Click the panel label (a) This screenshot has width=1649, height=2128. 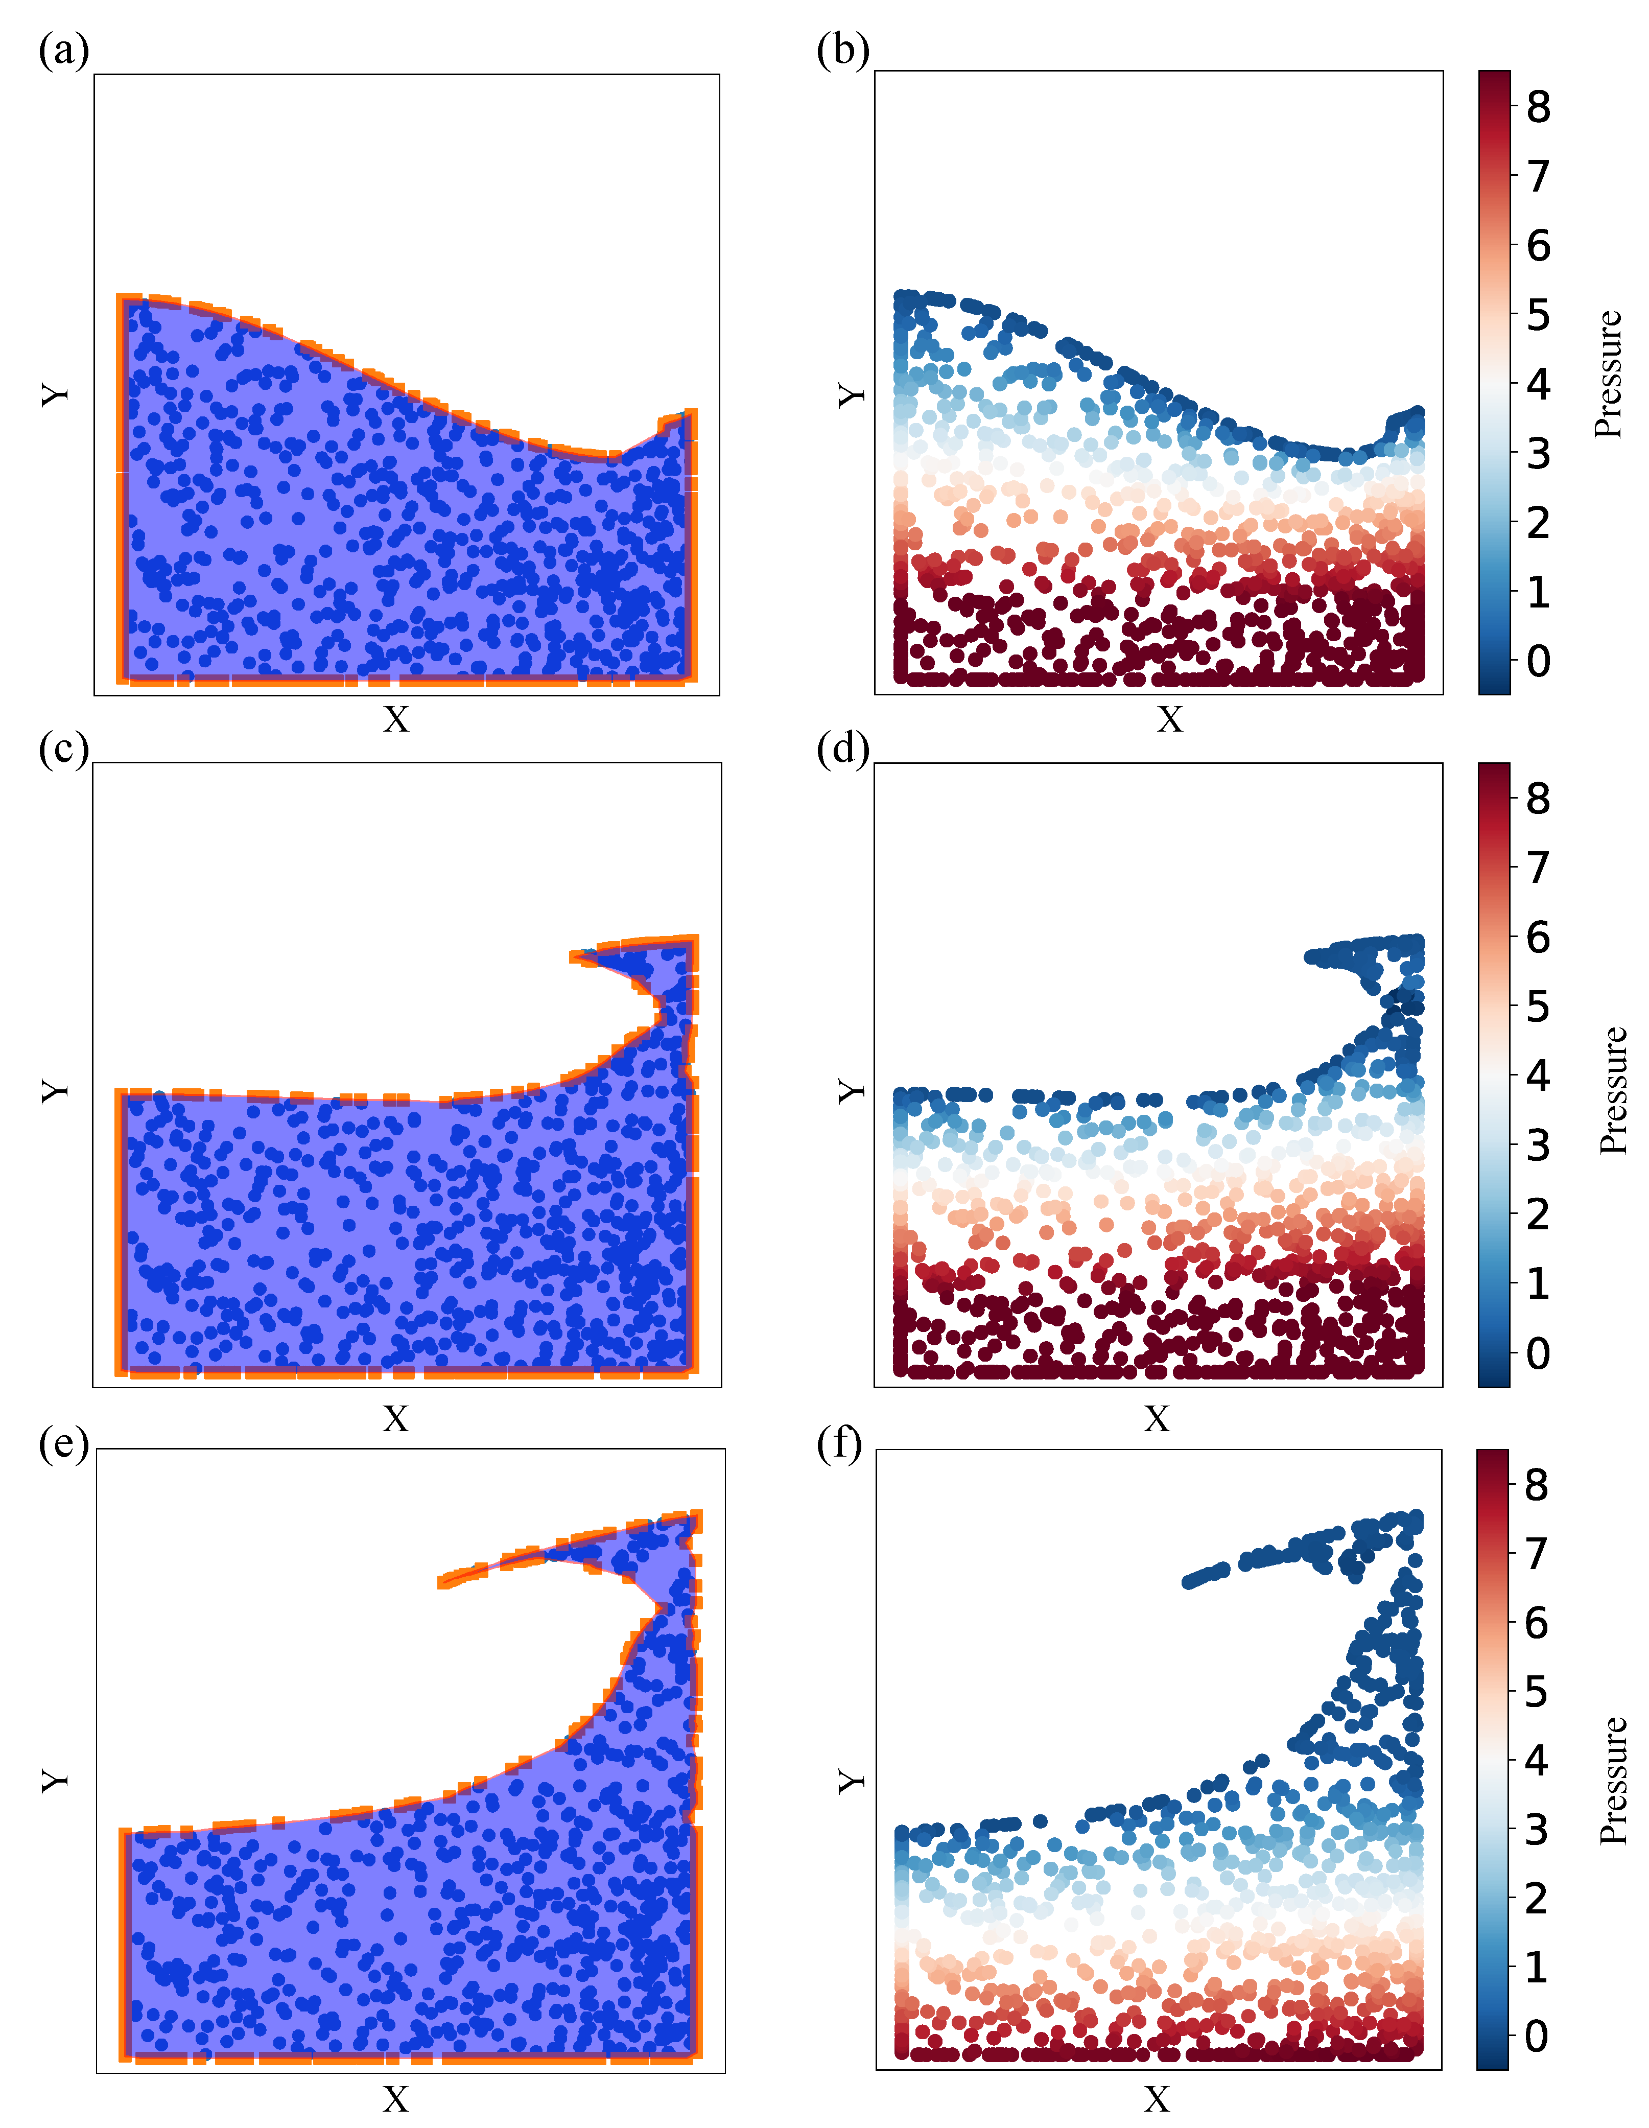point(63,51)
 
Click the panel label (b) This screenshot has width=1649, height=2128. point(842,51)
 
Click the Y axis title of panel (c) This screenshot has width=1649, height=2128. point(56,1090)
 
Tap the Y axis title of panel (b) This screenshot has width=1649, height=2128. point(851,394)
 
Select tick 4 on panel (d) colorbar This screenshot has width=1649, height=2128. point(1538,1075)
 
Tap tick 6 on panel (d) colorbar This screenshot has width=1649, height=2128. point(1538,938)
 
